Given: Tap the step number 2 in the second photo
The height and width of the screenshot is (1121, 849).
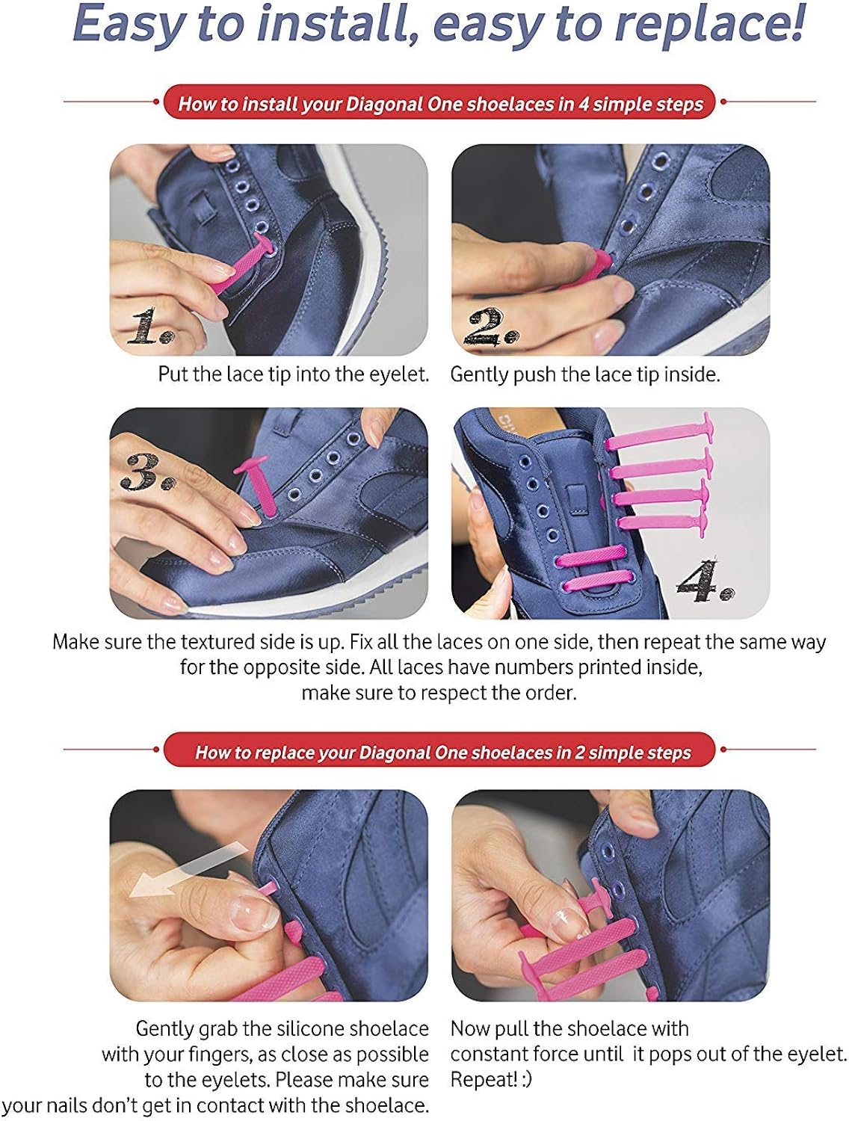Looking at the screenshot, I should (490, 327).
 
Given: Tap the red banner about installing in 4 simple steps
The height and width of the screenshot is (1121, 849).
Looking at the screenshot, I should (440, 103).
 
